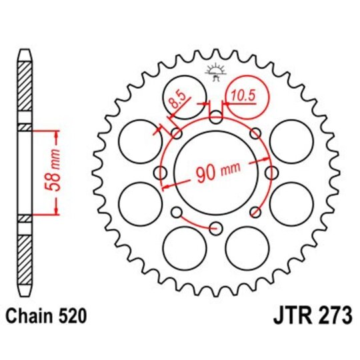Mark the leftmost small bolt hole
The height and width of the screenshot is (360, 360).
click(x=160, y=173)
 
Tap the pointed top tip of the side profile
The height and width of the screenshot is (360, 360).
click(x=23, y=51)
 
